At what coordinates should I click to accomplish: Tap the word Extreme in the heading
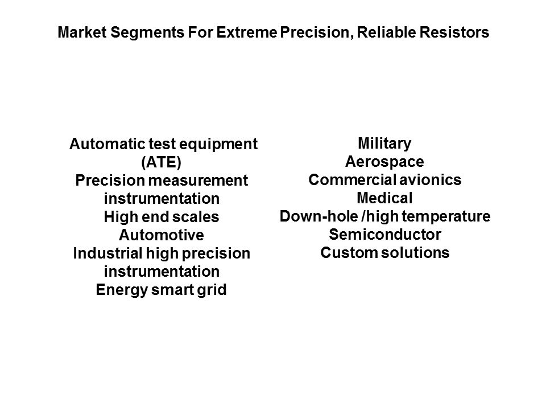[247, 32]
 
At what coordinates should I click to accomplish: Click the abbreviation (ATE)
[161, 162]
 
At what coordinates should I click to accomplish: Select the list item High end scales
[161, 217]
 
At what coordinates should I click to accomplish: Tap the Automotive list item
[161, 235]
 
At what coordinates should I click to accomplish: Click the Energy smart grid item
[161, 290]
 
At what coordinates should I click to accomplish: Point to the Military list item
[384, 143]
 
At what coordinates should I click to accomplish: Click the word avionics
[430, 180]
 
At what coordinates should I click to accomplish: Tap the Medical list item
[384, 198]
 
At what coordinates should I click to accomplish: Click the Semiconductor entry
[385, 234]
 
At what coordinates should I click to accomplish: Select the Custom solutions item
[385, 252]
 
